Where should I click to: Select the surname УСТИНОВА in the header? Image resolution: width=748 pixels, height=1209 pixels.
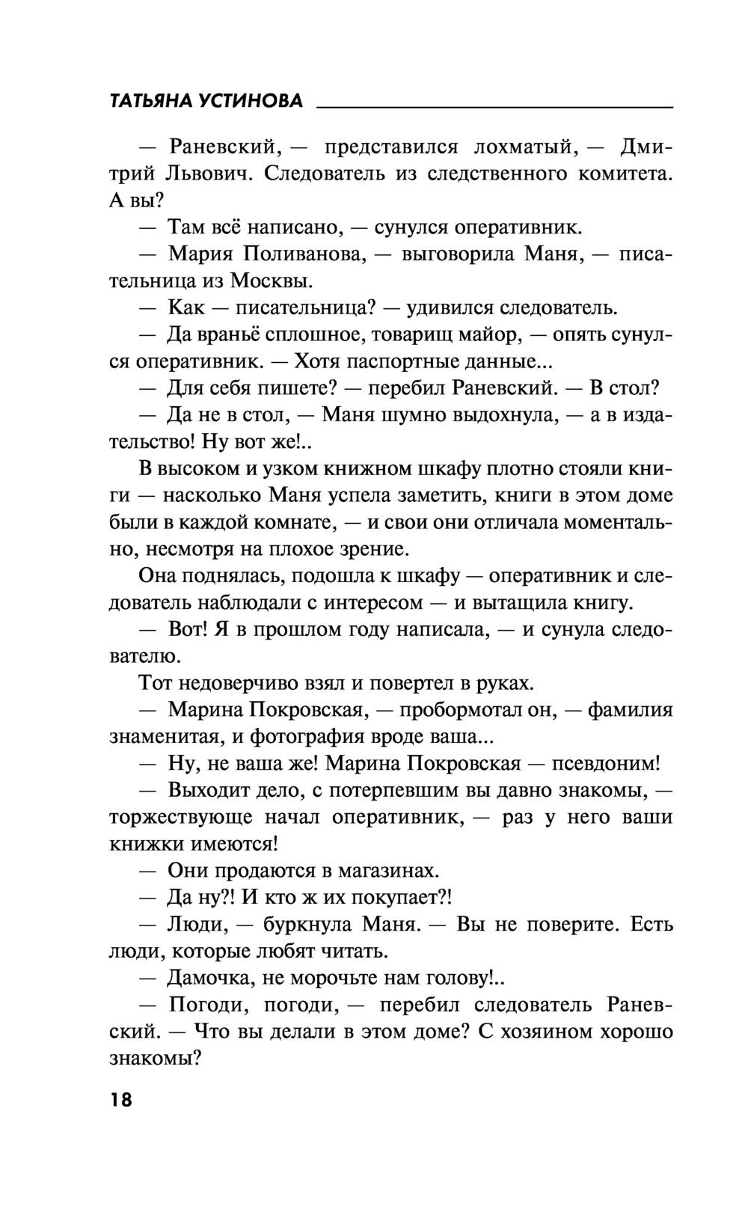pos(253,101)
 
